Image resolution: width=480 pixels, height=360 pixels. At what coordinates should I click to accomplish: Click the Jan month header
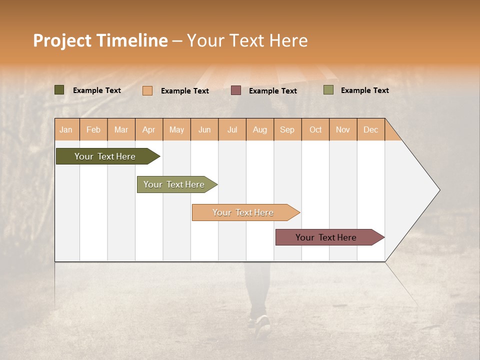[x=66, y=129]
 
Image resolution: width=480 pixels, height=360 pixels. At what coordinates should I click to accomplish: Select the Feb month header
[x=93, y=129]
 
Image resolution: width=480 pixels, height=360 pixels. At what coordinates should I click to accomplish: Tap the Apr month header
[x=148, y=129]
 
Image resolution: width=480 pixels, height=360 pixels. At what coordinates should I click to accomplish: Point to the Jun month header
[x=204, y=129]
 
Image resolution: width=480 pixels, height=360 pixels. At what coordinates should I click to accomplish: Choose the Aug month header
[x=259, y=129]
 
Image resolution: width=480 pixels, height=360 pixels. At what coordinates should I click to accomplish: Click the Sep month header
[x=287, y=129]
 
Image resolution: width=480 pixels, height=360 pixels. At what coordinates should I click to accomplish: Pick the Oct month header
[x=315, y=129]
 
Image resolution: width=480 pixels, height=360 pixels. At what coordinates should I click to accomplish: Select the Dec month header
[x=370, y=129]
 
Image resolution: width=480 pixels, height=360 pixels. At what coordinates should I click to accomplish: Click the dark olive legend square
[x=59, y=90]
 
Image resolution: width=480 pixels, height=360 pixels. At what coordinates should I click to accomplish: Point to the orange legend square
[x=147, y=90]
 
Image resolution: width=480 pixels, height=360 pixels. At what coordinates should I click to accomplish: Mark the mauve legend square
[x=236, y=90]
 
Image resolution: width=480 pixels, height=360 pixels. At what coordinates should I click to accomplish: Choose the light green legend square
[x=328, y=90]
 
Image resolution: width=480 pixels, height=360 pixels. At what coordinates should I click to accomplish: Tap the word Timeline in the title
[x=132, y=40]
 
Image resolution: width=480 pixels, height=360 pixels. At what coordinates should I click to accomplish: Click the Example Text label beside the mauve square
[x=273, y=91]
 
